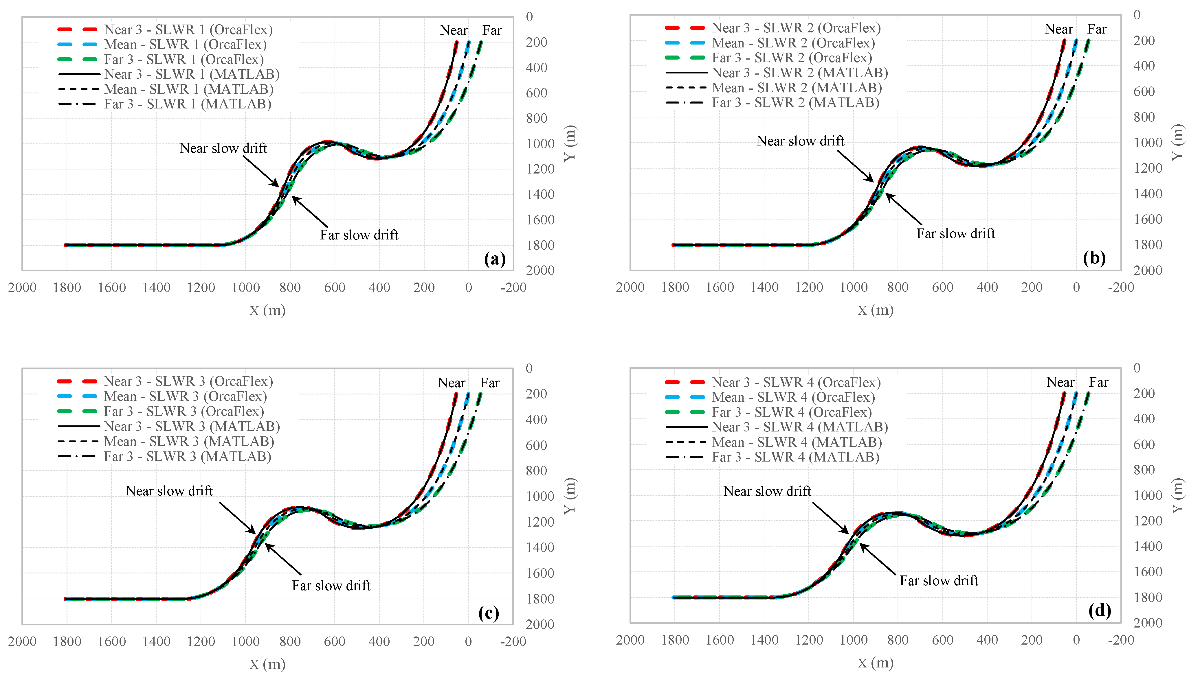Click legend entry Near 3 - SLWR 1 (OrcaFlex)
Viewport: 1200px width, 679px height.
(188, 29)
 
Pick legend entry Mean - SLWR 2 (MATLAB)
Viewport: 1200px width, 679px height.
(796, 88)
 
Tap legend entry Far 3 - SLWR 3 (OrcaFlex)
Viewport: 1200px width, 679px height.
(184, 411)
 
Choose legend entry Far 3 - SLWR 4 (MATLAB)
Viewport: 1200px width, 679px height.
(795, 457)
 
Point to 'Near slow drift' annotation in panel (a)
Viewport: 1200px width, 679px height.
(223, 148)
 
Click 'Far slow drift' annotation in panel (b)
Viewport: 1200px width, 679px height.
(955, 233)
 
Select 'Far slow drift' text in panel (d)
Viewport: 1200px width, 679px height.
(939, 581)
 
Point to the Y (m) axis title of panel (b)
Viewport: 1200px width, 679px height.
(1178, 142)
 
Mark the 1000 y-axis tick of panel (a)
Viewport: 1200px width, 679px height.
(540, 144)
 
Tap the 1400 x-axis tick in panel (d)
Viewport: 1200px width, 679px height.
(764, 640)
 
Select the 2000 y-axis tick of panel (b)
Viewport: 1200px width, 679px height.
(1148, 270)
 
